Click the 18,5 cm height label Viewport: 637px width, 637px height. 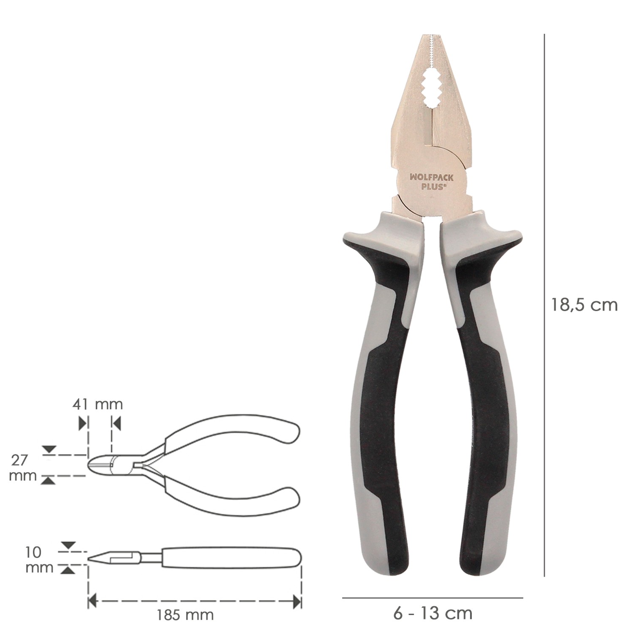pyautogui.click(x=584, y=305)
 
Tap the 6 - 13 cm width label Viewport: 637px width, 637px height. pyautogui.click(x=433, y=612)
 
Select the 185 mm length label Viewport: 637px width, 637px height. pyautogui.click(x=185, y=615)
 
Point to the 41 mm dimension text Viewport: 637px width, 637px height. pyautogui.click(x=98, y=404)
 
